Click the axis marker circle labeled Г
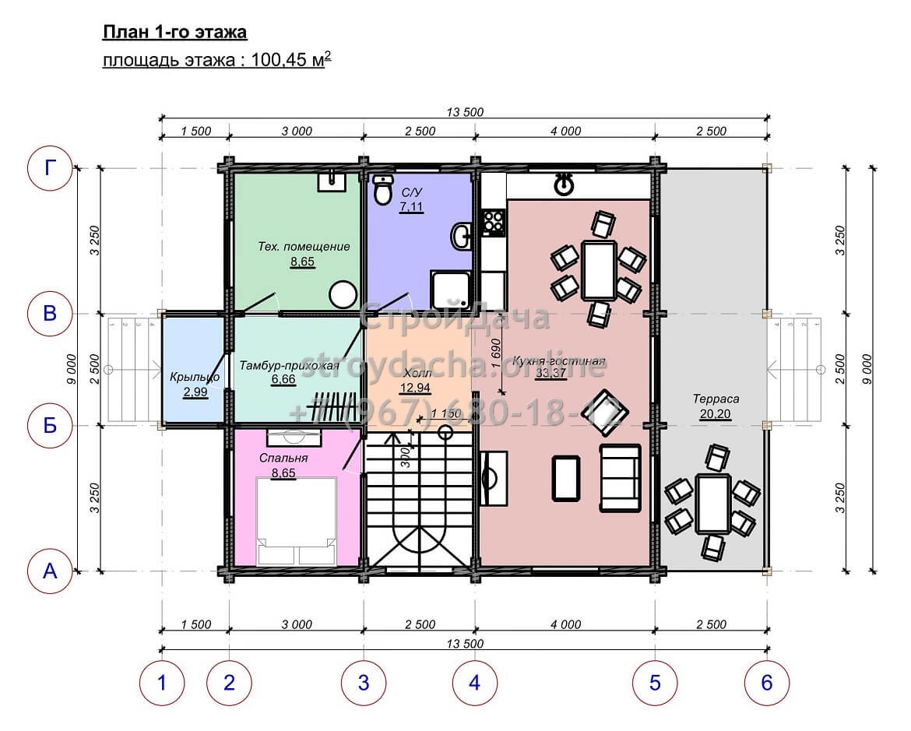tap(50, 168)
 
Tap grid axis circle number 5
tap(655, 683)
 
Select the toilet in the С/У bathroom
tap(382, 190)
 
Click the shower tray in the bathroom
tap(451, 290)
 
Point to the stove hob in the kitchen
tap(494, 223)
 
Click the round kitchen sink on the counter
tap(565, 185)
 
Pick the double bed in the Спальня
tap(297, 521)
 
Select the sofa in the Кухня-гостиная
tap(620, 478)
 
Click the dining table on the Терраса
tap(712, 504)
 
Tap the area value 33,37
tap(550, 373)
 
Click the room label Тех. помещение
tap(304, 246)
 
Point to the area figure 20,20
tap(716, 413)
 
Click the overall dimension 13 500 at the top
tap(465, 111)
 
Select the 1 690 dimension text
tap(495, 354)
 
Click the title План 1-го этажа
tap(175, 32)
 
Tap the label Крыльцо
tap(195, 377)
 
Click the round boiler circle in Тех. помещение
tap(343, 294)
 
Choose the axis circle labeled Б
tap(50, 425)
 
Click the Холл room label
tap(417, 372)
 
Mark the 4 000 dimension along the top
tap(565, 132)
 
